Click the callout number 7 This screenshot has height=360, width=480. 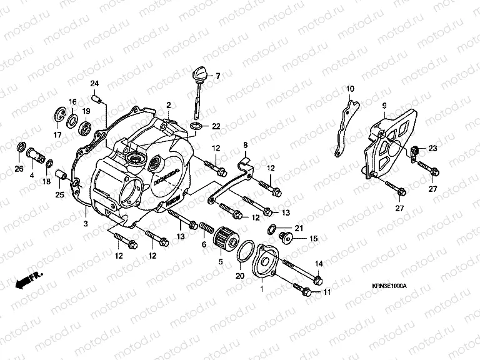tap(218, 77)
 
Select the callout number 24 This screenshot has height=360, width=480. tap(95, 84)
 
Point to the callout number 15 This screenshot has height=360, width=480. tap(314, 239)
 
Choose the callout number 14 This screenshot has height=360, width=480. tap(318, 263)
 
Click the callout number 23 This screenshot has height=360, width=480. tap(433, 148)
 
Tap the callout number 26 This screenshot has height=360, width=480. tap(19, 168)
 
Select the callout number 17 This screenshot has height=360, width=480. tap(57, 134)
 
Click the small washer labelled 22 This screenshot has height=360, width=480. tap(196, 127)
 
